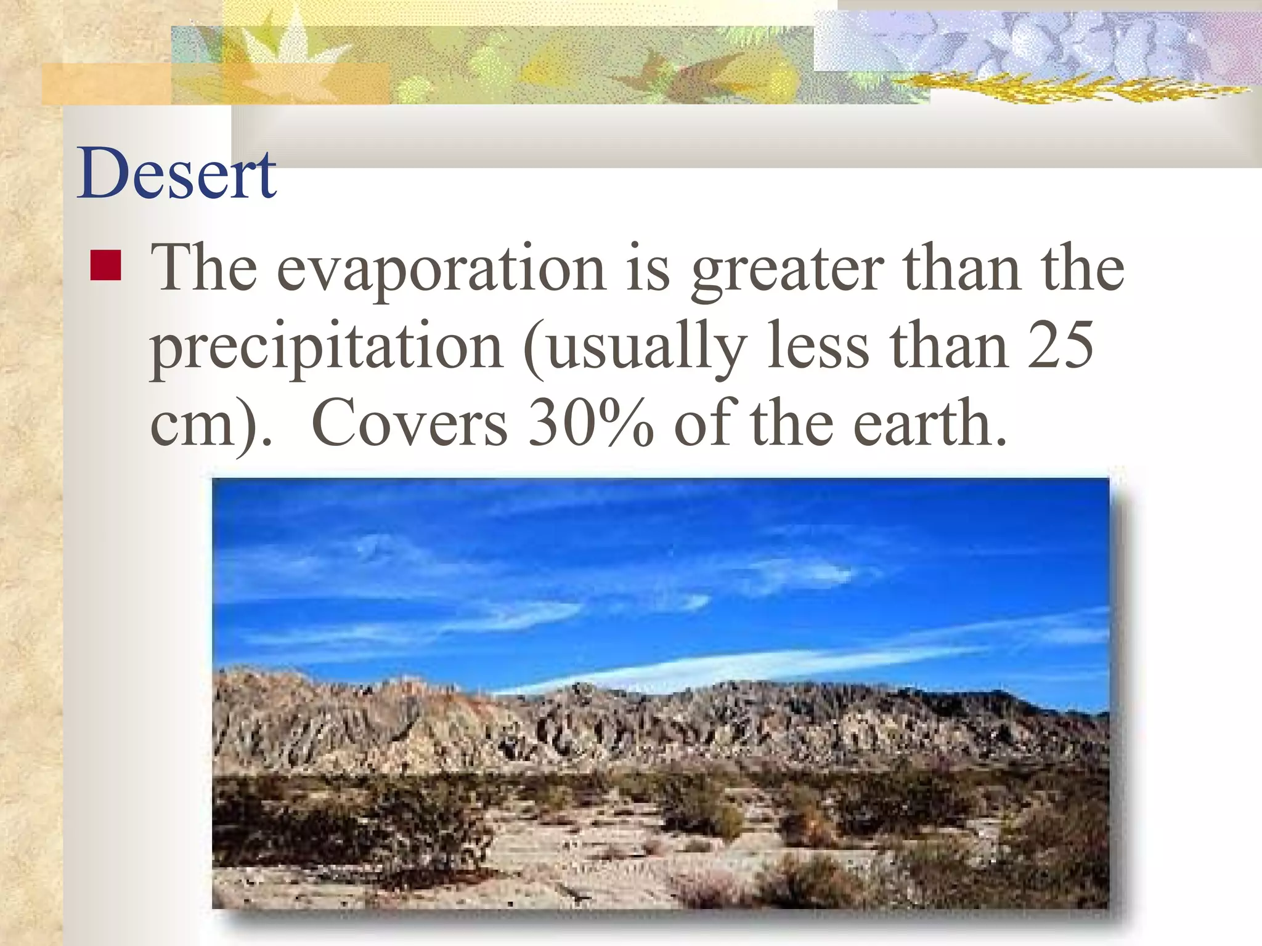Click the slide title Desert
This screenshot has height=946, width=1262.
[177, 174]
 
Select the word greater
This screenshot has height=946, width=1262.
[787, 271]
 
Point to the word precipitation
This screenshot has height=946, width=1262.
[327, 348]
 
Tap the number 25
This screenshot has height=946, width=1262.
[1060, 346]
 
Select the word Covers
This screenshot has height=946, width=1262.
[410, 424]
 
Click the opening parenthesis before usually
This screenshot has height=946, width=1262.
[534, 349]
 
